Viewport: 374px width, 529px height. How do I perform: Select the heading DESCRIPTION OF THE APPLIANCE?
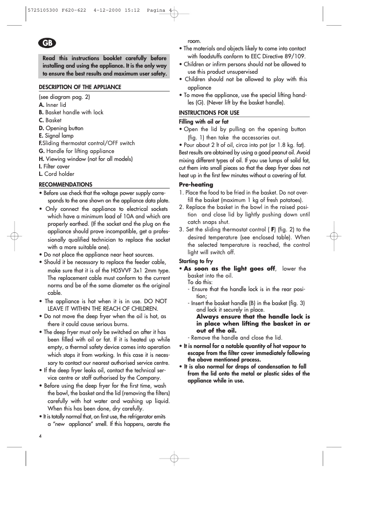pos(80,87)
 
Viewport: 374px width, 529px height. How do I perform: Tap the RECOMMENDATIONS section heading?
pos(65,184)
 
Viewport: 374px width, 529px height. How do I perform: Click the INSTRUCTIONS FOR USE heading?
pos(209,113)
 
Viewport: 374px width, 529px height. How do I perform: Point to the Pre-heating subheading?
pos(196,185)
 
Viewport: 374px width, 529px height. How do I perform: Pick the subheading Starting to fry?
pos(196,261)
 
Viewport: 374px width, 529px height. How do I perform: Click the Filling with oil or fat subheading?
pos(204,122)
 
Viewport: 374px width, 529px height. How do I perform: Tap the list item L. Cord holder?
pos(56,174)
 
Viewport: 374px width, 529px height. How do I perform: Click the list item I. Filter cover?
pos(54,167)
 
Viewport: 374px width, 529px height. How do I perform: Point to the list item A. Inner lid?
pos(52,105)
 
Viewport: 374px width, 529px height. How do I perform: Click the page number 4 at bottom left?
pos(41,436)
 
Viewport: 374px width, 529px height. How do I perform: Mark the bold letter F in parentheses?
pos(273,230)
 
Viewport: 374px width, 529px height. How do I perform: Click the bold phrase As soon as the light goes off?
pos(229,269)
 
